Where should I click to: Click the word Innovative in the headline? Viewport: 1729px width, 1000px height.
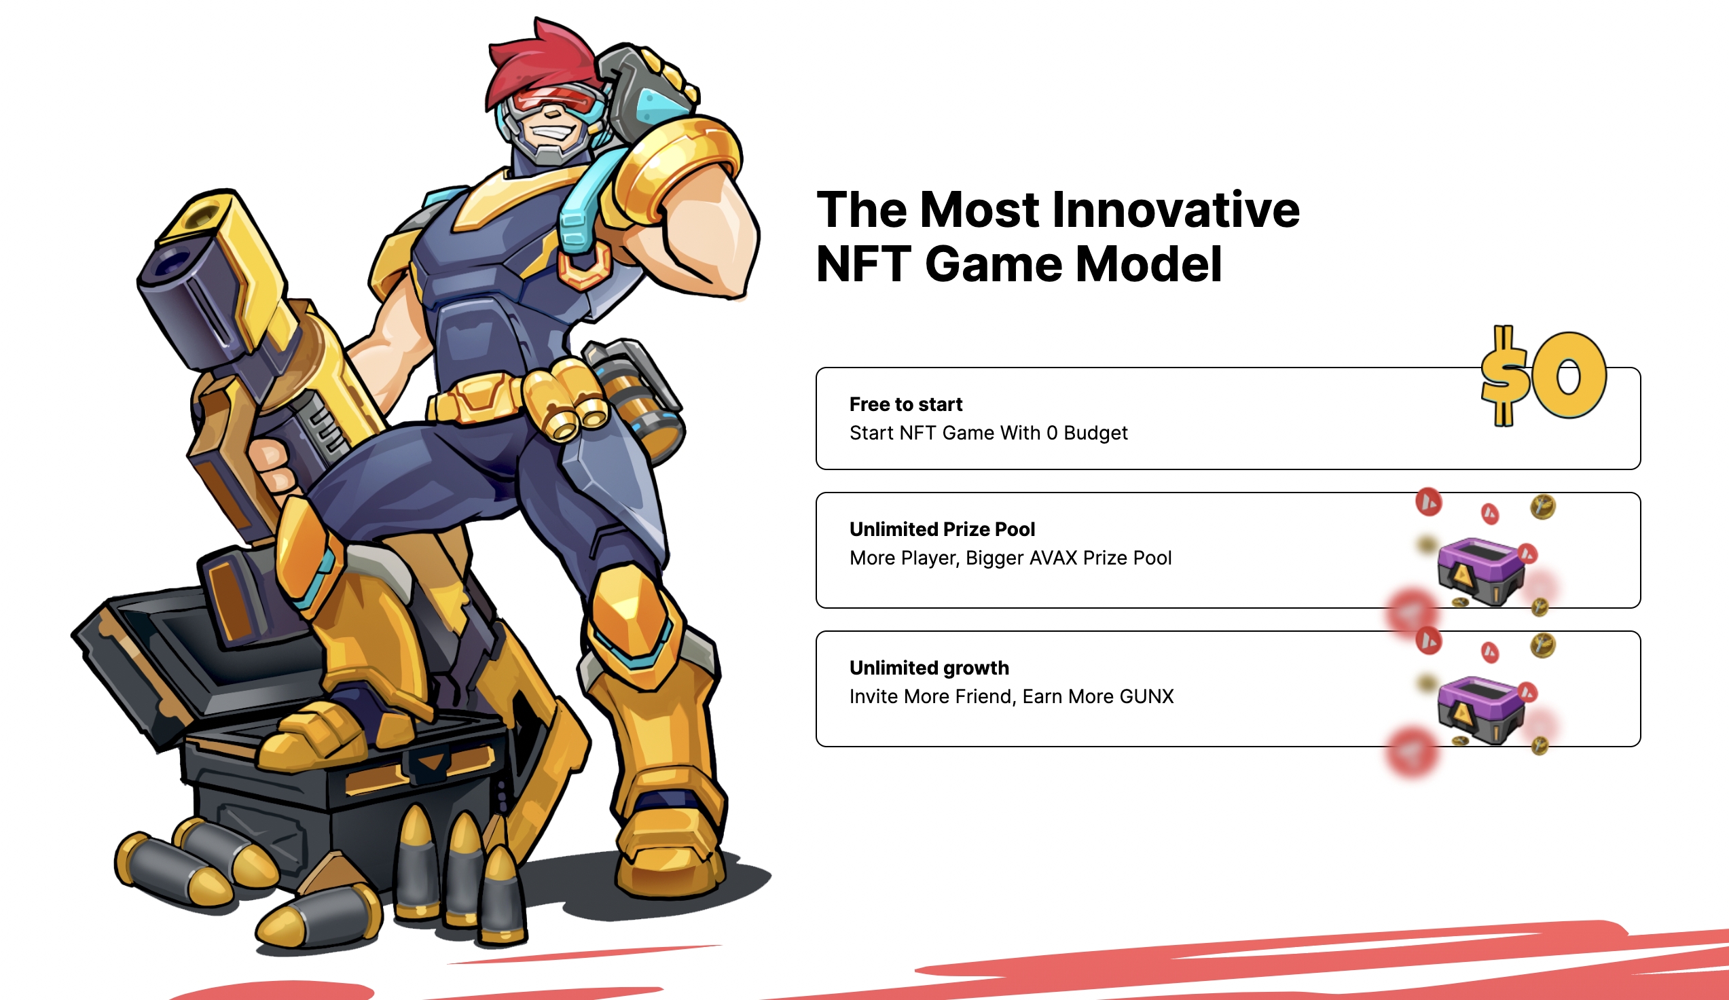tap(1176, 209)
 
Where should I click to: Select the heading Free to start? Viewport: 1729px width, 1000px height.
tap(906, 404)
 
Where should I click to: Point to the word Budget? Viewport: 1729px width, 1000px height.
tap(1095, 433)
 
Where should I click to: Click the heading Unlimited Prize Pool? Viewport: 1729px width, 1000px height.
tap(942, 529)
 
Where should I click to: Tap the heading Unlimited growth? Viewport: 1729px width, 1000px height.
tap(929, 668)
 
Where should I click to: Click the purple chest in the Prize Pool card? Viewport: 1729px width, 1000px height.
tap(1480, 571)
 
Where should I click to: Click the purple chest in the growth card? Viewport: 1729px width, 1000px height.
tap(1480, 710)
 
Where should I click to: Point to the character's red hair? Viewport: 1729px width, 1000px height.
tap(542, 62)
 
